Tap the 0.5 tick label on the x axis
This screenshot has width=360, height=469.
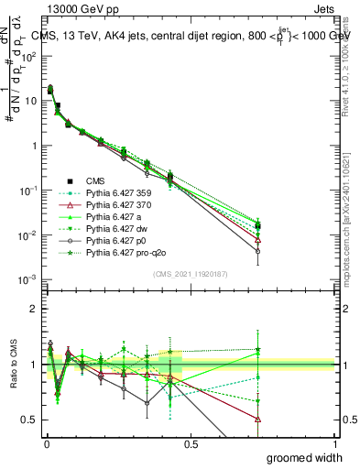pos(191,443)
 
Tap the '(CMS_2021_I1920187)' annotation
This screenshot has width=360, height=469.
pos(190,274)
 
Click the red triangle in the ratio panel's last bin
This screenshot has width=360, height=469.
pos(258,419)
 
